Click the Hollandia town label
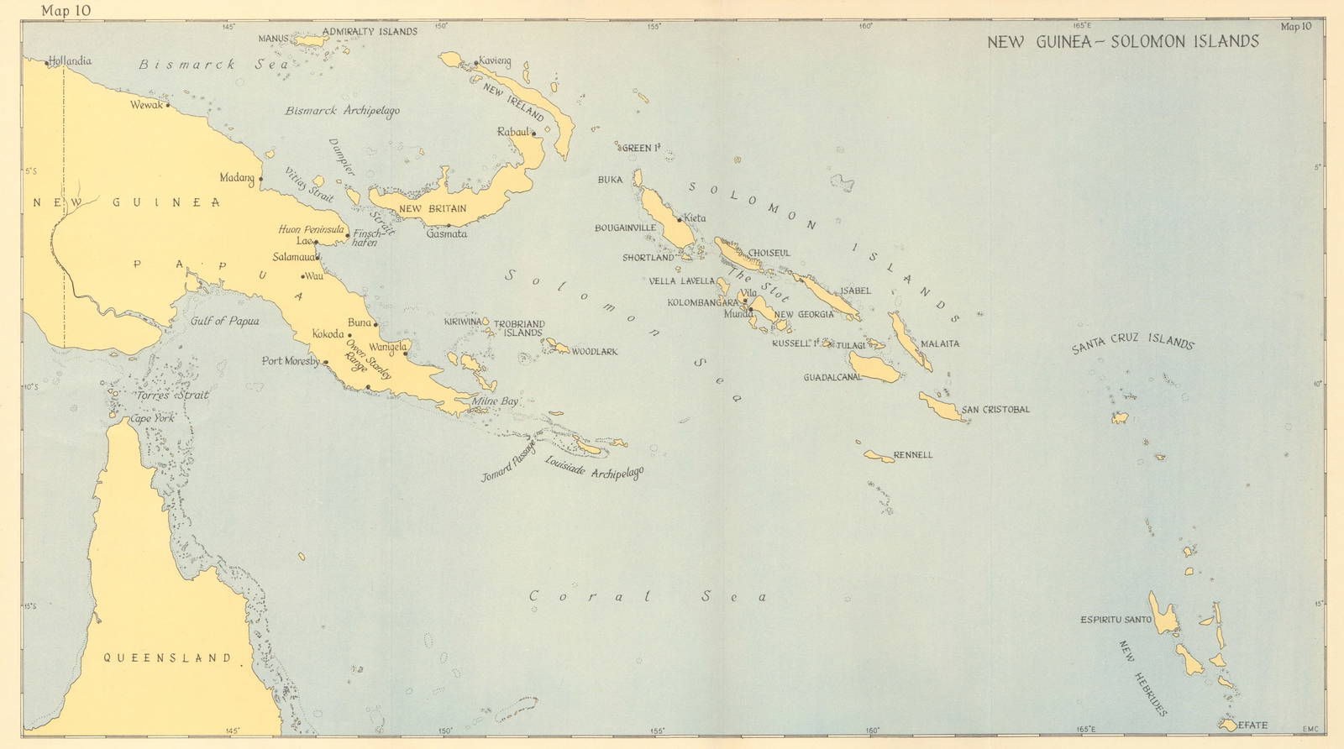point(71,60)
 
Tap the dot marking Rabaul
point(533,134)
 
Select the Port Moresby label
point(290,361)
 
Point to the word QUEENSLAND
point(168,658)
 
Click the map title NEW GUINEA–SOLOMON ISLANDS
point(1122,41)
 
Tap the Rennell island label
point(913,455)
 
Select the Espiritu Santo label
point(1116,620)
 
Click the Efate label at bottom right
point(1252,725)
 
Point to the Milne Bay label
point(495,401)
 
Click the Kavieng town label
point(495,62)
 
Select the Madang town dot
point(261,179)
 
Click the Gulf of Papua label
point(224,321)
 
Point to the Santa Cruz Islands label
point(1132,343)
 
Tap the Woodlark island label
point(594,352)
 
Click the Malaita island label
point(939,343)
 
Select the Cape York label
point(151,417)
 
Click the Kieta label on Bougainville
point(695,218)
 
